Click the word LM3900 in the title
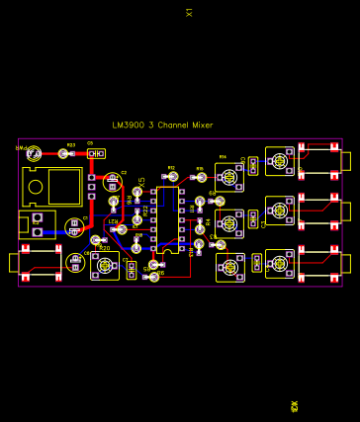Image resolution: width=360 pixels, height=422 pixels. (128, 126)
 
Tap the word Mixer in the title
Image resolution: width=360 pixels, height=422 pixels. (202, 126)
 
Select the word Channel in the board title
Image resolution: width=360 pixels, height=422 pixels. (170, 126)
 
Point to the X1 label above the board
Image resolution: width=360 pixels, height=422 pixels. (189, 12)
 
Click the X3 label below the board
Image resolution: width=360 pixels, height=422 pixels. (294, 406)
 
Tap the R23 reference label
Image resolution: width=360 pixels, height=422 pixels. (70, 145)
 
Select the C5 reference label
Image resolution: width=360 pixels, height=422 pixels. (90, 143)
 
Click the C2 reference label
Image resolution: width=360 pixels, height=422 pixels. (125, 173)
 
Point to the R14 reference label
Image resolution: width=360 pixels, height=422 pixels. (223, 157)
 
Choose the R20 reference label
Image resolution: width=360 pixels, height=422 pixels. (105, 248)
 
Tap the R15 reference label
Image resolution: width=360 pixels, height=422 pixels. (200, 169)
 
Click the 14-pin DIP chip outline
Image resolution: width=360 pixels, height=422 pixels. (167, 215)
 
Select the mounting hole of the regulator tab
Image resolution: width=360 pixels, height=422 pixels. (36, 185)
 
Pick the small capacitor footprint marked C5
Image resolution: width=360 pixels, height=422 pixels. (95, 154)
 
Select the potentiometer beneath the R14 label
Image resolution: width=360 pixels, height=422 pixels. (229, 178)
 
